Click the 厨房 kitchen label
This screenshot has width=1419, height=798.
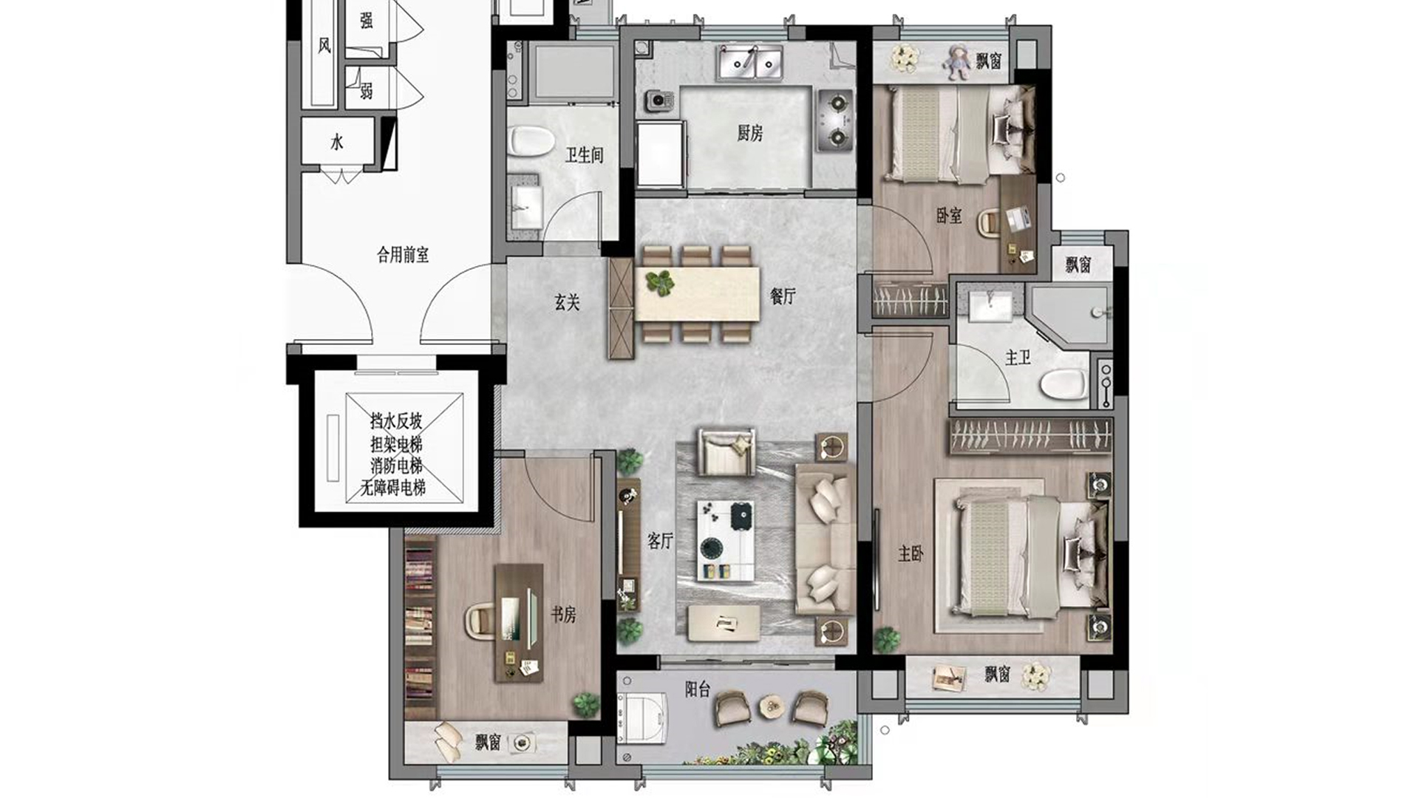click(749, 133)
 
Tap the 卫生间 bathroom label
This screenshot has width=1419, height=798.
click(585, 155)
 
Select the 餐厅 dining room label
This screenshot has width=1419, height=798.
click(783, 296)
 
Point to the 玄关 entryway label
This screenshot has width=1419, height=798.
click(567, 301)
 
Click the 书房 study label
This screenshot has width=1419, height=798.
click(563, 614)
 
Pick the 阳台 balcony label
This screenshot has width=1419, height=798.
click(698, 689)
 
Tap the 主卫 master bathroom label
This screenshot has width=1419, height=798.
click(1018, 358)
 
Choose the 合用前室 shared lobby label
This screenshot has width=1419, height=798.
click(403, 255)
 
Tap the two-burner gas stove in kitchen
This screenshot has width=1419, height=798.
click(836, 120)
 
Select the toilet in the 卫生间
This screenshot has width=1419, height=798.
click(531, 141)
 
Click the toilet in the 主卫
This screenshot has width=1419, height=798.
click(1064, 383)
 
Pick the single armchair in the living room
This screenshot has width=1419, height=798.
click(727, 451)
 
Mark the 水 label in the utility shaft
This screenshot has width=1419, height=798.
click(337, 142)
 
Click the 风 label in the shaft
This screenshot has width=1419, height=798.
click(324, 46)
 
